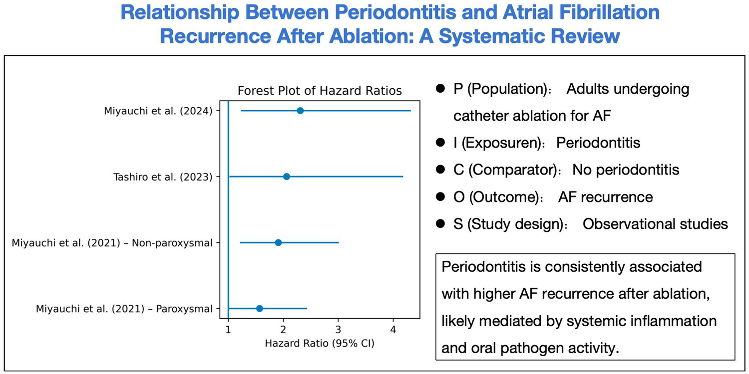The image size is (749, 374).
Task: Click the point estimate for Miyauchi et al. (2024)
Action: [300, 111]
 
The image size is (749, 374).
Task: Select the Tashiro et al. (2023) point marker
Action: [286, 177]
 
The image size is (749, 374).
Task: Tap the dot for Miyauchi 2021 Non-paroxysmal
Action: [278, 242]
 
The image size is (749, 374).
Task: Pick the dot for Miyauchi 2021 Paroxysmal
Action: [259, 309]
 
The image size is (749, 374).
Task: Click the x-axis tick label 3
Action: [339, 330]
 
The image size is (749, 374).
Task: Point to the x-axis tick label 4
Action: [393, 330]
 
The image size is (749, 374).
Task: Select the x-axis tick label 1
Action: [228, 330]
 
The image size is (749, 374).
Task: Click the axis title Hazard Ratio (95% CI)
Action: [320, 343]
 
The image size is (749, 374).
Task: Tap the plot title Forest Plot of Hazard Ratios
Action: [320, 91]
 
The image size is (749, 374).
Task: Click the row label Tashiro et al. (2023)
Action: [164, 177]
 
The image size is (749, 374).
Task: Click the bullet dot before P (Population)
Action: [440, 89]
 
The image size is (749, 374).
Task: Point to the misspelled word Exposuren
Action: [505, 143]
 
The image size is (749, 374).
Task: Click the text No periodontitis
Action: [626, 170]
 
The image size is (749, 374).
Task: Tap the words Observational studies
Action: [655, 224]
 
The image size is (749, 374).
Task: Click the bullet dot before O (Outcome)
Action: [440, 197]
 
